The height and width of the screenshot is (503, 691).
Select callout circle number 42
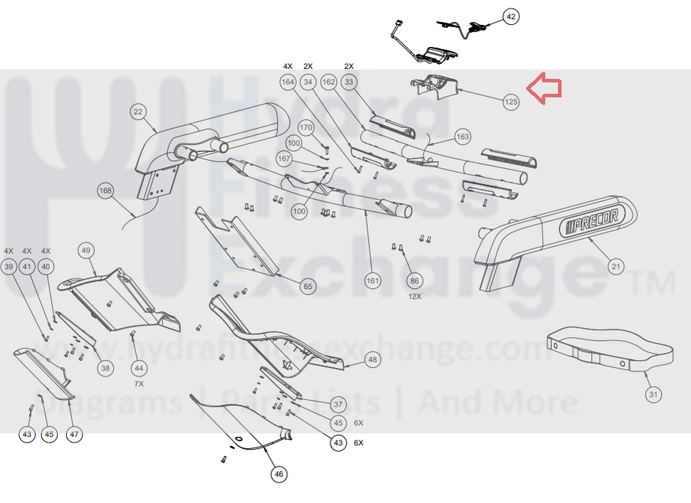tap(511, 16)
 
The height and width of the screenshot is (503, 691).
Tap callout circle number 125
tap(511, 102)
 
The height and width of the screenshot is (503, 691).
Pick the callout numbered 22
tap(138, 112)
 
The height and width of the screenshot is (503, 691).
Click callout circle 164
tap(288, 83)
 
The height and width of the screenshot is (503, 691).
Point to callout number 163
tap(463, 136)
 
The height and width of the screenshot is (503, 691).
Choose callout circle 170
tap(306, 128)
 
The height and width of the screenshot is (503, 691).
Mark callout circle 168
tap(105, 191)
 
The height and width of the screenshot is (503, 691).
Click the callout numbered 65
tap(307, 287)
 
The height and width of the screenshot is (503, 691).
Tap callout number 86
tap(414, 282)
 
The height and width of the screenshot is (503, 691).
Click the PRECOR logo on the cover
tap(590, 220)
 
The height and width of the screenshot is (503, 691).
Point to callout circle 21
tap(616, 267)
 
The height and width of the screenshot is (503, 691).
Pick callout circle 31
tap(653, 394)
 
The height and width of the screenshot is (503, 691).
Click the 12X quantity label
tap(414, 297)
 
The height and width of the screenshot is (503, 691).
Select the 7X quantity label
tap(139, 383)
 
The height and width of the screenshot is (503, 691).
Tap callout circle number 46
tap(278, 473)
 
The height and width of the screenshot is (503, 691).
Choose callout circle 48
tap(372, 360)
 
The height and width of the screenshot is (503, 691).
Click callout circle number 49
tap(86, 250)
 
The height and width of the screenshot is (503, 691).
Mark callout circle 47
tap(74, 434)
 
